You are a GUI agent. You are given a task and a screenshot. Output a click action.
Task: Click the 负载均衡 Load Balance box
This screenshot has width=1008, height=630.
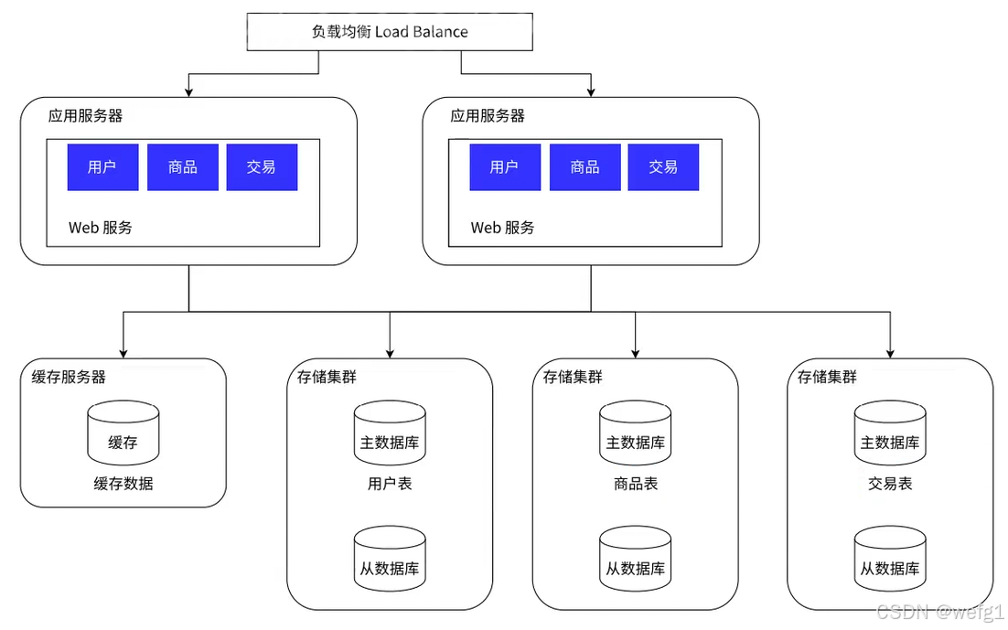click(x=390, y=31)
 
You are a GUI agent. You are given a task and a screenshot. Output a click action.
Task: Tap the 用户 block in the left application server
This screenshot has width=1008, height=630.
click(x=102, y=167)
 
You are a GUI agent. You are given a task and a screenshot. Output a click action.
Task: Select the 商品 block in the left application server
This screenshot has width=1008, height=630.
click(x=183, y=167)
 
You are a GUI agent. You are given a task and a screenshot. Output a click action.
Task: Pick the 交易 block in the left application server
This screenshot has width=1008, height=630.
click(x=262, y=167)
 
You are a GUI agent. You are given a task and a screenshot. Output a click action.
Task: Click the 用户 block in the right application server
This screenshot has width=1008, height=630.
click(x=505, y=167)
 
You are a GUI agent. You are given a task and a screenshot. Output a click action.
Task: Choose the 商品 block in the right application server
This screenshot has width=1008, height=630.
click(x=585, y=167)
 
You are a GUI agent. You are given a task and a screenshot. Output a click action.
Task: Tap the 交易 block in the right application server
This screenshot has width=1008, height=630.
click(x=663, y=167)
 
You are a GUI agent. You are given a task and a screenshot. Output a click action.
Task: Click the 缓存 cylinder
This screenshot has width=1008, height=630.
click(x=123, y=432)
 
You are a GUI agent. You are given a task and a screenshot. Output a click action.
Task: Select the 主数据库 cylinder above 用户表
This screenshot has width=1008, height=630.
click(x=390, y=432)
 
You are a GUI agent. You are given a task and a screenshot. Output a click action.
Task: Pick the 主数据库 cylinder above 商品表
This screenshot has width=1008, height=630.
click(x=635, y=432)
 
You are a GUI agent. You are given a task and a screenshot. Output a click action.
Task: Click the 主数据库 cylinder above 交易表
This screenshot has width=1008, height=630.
click(x=890, y=432)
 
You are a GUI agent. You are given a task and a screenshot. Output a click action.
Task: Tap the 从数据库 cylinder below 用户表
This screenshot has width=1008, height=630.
click(x=390, y=559)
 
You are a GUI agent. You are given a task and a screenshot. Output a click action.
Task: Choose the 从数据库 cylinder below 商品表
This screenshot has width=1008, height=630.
click(x=635, y=559)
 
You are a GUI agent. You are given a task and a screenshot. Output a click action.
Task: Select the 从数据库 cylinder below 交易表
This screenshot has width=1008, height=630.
click(x=890, y=559)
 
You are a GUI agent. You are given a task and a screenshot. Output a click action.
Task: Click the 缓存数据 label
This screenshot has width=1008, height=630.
click(x=123, y=484)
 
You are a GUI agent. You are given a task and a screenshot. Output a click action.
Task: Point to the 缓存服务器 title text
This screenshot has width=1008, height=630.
click(x=69, y=377)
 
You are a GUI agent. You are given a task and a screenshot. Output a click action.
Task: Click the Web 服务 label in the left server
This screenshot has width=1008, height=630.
click(x=101, y=228)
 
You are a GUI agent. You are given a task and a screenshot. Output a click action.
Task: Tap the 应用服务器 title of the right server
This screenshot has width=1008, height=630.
click(x=488, y=116)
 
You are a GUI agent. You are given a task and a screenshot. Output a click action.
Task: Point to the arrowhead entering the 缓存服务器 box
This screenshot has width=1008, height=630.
click(x=123, y=354)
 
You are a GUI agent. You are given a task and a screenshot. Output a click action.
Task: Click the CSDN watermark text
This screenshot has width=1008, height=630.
click(x=940, y=611)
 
